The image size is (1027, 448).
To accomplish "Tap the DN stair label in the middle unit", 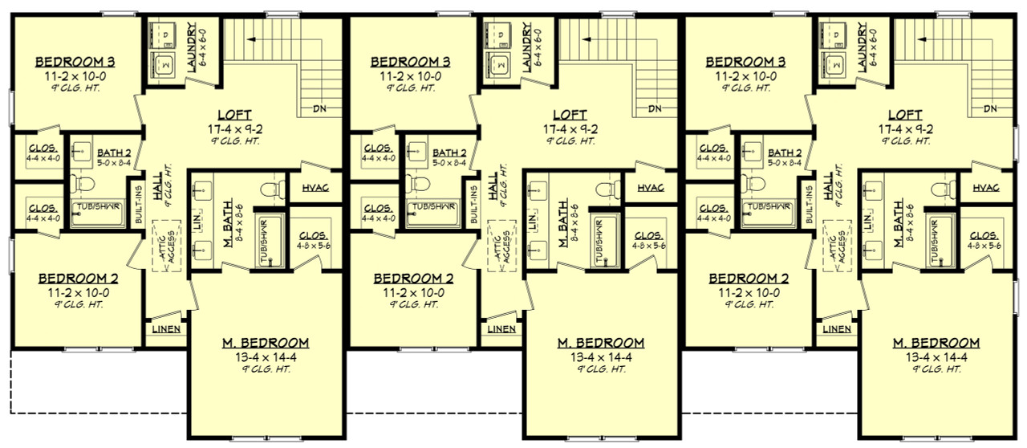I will (x=655, y=109).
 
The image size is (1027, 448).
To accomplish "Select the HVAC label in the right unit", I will (x=986, y=188).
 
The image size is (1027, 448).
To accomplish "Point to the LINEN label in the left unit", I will (x=166, y=329).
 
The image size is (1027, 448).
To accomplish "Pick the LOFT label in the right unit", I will (x=904, y=115).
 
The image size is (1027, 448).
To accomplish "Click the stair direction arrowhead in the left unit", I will (x=250, y=38).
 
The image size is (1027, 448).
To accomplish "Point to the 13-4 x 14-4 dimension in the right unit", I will (x=936, y=356).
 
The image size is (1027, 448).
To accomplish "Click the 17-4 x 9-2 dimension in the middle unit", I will (x=569, y=128).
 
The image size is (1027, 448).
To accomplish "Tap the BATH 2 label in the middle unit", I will (x=448, y=153).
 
